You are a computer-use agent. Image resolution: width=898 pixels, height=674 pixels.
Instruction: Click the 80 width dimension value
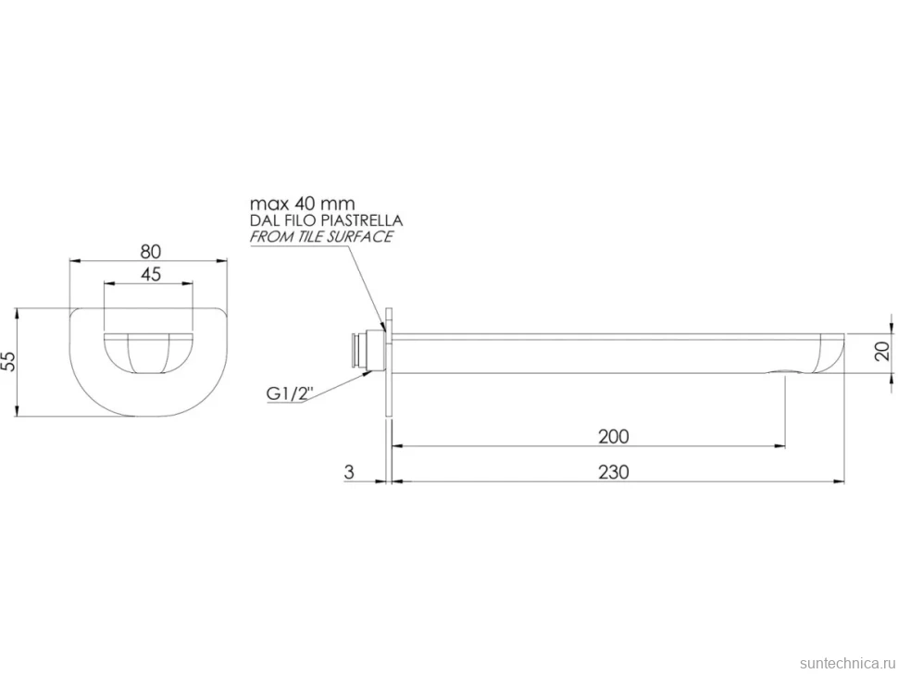coord(151,252)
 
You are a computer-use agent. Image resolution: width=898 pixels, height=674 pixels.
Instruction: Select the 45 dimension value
coord(151,274)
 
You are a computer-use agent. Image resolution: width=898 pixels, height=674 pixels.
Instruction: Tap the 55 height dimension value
coord(9,361)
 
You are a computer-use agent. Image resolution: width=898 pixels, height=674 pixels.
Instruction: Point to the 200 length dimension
coord(614,437)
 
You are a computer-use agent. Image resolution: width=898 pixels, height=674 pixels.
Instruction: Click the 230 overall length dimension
coord(614,472)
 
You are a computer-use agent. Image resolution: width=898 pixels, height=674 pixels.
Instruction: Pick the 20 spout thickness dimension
coord(883,351)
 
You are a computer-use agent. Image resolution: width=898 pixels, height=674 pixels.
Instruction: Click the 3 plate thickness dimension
coord(349,472)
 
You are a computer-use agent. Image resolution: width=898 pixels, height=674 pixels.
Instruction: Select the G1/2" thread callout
coord(291,394)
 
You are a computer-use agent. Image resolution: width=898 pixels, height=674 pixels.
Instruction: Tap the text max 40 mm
coord(303,204)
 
